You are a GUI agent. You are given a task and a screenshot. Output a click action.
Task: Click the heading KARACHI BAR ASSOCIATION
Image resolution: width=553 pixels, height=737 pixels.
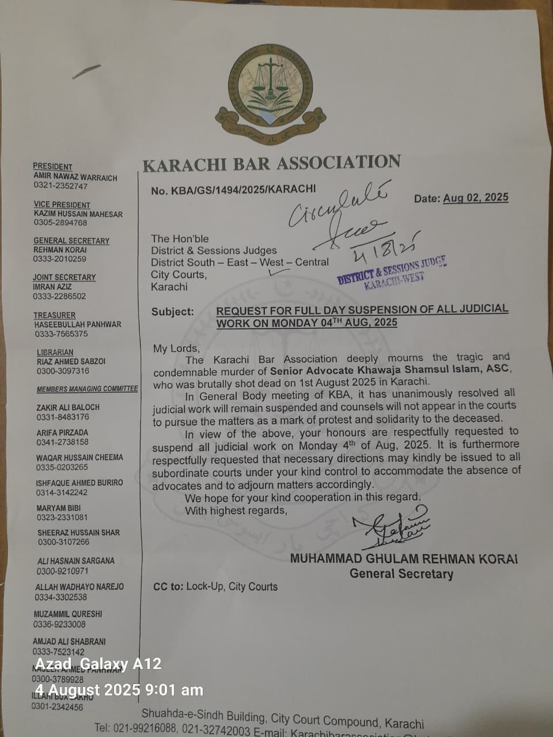coord(271,164)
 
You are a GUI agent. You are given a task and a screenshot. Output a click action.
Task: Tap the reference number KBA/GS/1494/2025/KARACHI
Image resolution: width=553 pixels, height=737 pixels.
coord(233,190)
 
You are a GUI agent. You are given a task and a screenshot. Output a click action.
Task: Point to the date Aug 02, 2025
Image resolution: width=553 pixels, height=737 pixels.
coord(475,197)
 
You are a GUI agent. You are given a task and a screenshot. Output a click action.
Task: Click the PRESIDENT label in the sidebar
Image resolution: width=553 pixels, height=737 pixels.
coord(52,166)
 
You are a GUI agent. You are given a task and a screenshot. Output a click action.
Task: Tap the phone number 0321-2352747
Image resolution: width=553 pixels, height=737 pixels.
coord(60,186)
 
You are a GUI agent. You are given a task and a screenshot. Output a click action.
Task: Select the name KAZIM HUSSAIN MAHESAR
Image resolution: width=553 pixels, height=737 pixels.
coord(78,214)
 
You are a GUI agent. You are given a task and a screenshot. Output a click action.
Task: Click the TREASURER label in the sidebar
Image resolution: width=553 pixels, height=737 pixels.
coord(54,315)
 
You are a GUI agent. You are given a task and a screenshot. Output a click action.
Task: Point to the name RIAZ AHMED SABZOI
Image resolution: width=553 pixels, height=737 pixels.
coord(71,362)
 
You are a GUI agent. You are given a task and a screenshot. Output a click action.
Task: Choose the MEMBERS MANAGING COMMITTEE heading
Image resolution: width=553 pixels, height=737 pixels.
coord(87,389)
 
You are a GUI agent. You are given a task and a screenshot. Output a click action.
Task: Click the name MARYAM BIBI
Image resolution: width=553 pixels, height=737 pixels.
coord(58,508)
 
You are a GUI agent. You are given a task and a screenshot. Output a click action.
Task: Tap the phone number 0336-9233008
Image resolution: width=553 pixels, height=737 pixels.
coord(59,624)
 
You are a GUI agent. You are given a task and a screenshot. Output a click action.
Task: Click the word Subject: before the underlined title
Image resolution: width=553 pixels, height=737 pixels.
coord(172,311)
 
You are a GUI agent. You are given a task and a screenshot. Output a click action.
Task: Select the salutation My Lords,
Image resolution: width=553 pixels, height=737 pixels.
coord(176,348)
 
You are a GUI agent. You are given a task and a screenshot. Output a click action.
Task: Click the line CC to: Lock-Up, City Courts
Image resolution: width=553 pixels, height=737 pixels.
coord(215,587)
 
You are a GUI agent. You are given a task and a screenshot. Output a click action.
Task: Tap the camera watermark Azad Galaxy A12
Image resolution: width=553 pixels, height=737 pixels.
coord(98,664)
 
